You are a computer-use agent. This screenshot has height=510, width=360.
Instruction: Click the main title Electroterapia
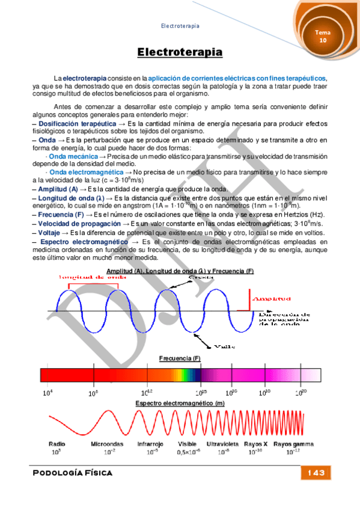180,53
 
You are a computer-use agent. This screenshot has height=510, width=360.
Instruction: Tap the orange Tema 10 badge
323,36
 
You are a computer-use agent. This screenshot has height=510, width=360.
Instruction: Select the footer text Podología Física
73,473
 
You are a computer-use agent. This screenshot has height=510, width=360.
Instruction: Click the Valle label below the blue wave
221,346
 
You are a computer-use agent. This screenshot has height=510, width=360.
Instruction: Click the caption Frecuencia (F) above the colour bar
180,358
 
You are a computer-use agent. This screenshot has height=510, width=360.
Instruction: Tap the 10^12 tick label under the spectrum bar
147,392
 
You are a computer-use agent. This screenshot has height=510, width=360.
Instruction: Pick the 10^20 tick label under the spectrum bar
301,392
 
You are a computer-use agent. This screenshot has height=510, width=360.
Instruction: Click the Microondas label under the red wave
107,444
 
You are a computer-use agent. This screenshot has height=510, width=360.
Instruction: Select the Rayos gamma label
293,444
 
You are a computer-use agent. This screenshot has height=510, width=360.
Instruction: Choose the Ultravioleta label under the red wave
222,444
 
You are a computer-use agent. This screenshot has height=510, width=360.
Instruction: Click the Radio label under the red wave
57,444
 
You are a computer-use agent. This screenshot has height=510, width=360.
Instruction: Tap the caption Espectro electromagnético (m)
180,402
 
